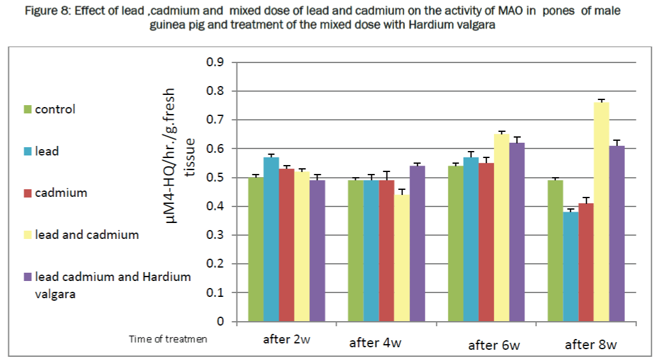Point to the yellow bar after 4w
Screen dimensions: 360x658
point(402,258)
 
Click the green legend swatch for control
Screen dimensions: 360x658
point(28,110)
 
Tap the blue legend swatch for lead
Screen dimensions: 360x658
point(28,152)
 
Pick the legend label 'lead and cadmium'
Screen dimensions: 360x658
point(87,235)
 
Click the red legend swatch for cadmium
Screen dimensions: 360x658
point(28,193)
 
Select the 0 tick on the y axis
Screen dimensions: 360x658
point(220,322)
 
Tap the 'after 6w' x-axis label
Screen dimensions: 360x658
point(494,346)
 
